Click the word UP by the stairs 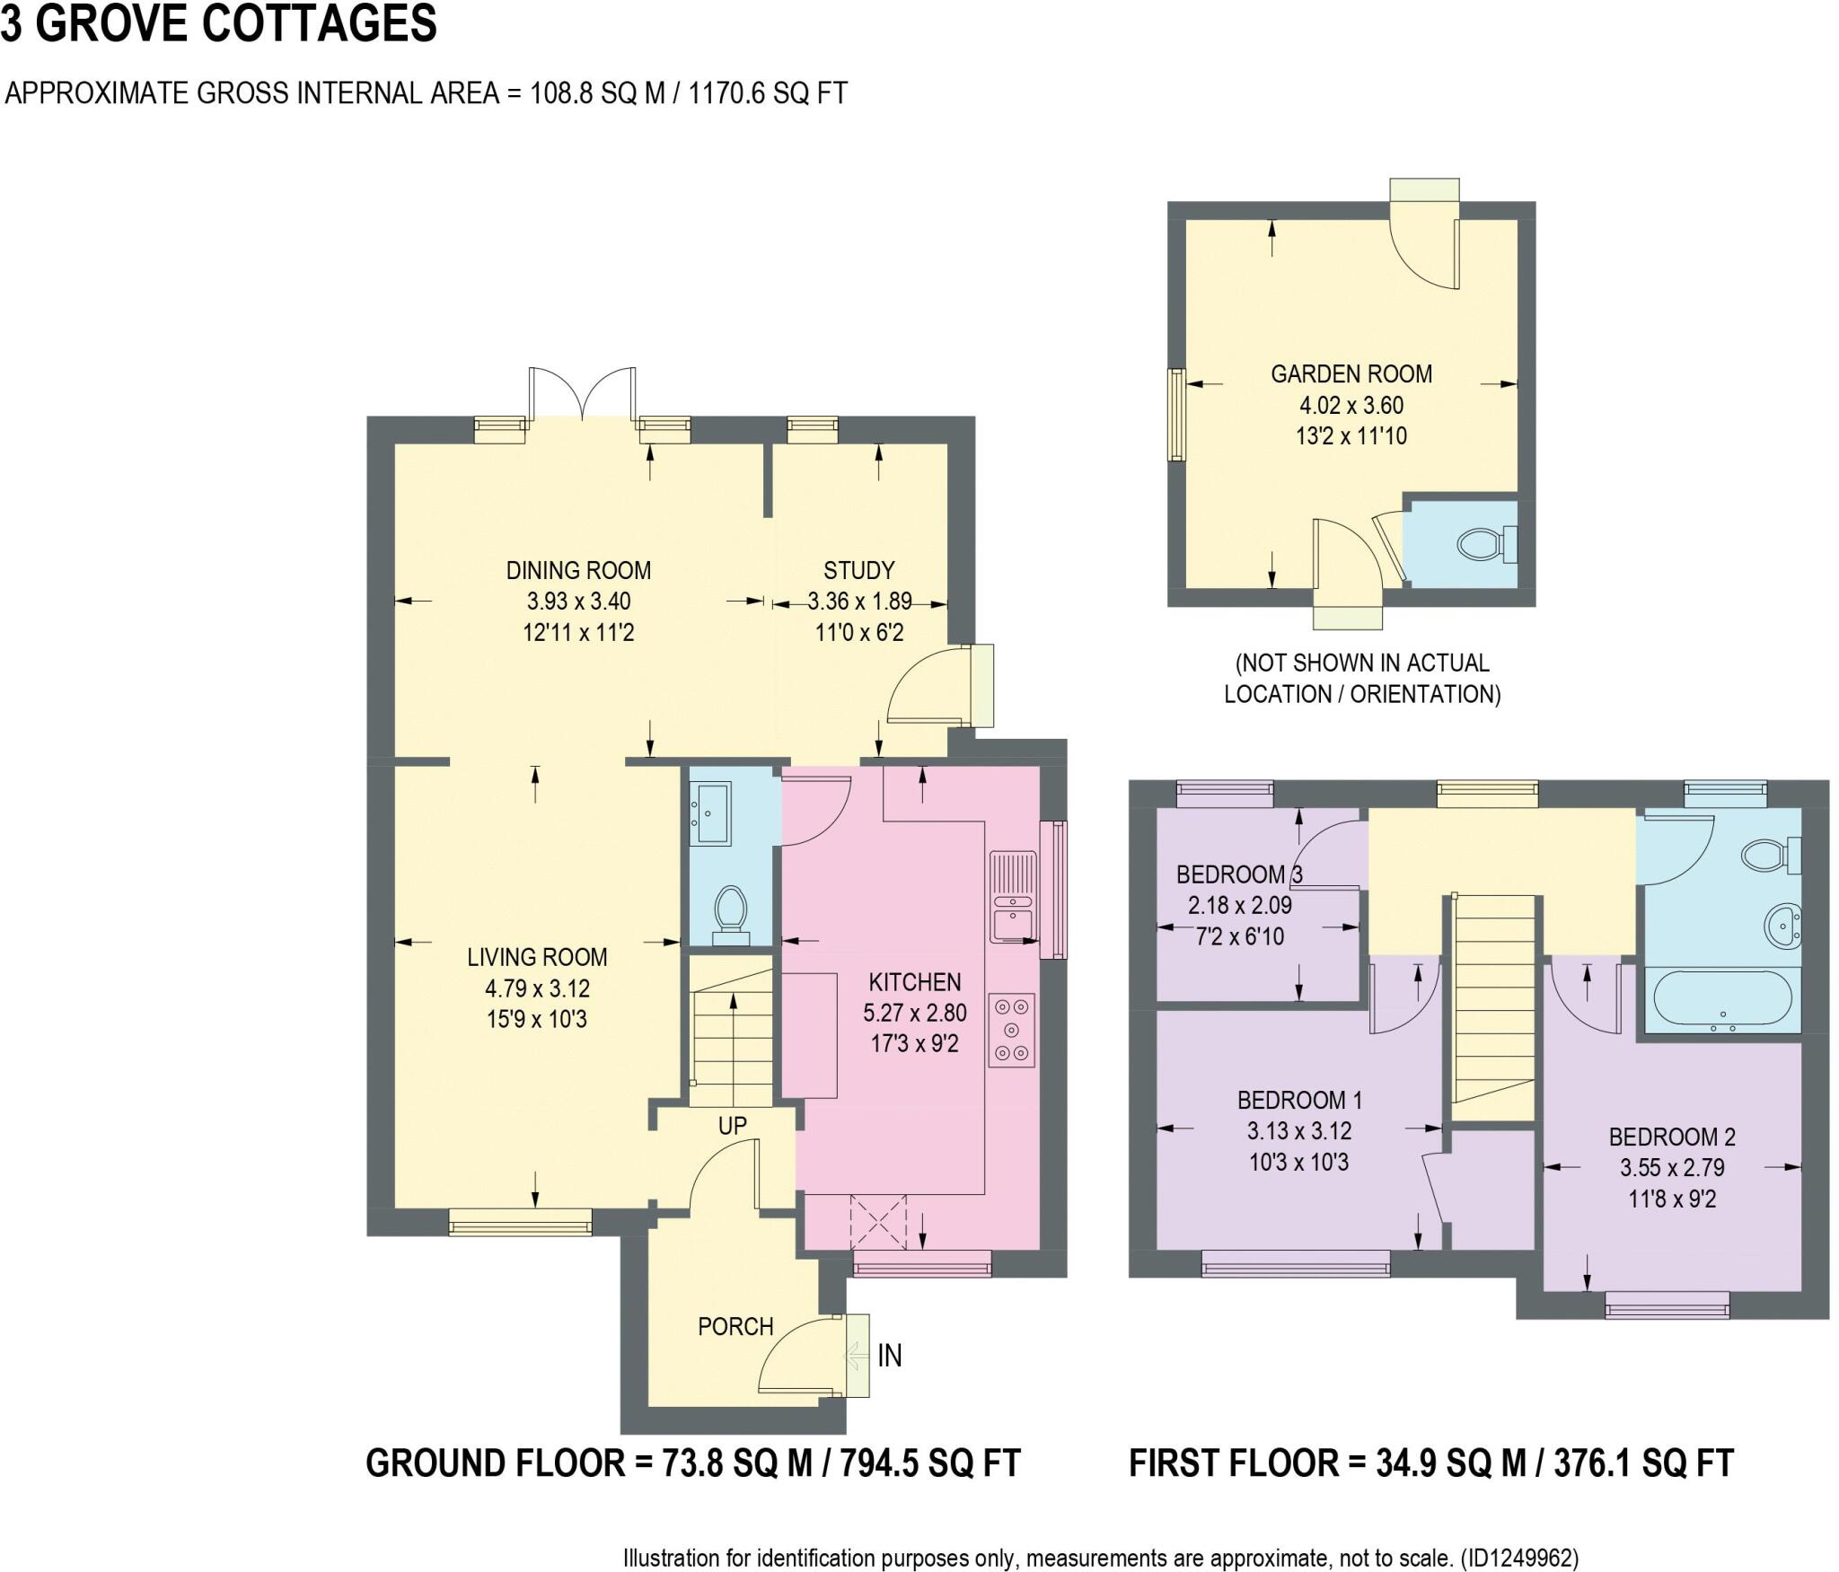(x=732, y=1126)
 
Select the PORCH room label (x=735, y=1326)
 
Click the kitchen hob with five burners (x=1012, y=1030)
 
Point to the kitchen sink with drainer (x=1012, y=897)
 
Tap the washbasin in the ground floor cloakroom (x=710, y=813)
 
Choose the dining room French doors (x=583, y=392)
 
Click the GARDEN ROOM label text (x=1351, y=374)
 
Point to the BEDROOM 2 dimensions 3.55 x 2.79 (x=1672, y=1168)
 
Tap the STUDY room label (x=858, y=570)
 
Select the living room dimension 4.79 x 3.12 (x=537, y=988)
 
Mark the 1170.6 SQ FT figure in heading (x=768, y=93)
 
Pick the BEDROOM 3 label (x=1238, y=874)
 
